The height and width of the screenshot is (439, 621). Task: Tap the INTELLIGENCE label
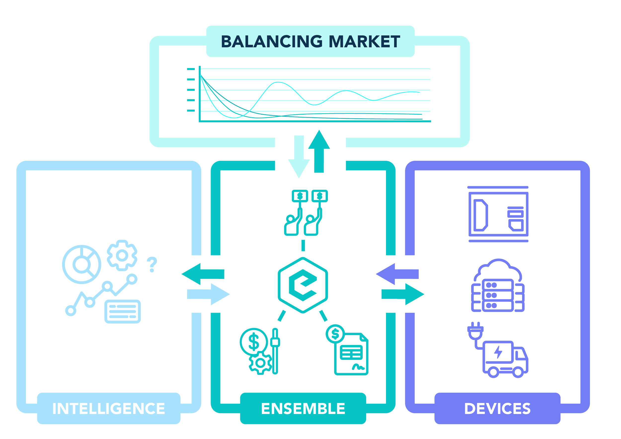[x=109, y=408]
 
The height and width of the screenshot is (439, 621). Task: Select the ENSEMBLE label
[x=303, y=408]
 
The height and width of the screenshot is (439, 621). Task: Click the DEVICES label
[x=497, y=408]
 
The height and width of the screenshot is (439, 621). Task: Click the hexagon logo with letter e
[x=303, y=285]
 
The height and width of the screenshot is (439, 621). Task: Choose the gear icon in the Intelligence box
[x=122, y=255]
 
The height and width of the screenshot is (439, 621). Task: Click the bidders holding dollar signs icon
[x=306, y=213]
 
